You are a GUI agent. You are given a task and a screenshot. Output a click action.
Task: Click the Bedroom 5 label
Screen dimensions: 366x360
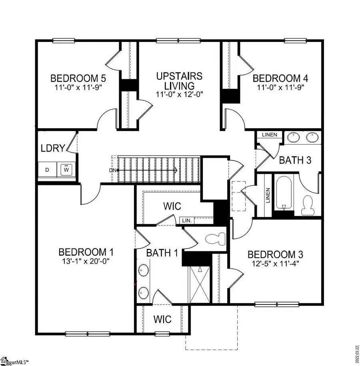(x=78, y=78)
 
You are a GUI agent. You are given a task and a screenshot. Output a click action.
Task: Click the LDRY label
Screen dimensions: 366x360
(x=52, y=148)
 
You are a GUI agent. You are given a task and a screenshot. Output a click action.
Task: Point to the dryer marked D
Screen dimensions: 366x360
(x=47, y=170)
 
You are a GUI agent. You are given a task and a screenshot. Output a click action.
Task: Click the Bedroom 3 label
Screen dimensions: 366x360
(x=275, y=255)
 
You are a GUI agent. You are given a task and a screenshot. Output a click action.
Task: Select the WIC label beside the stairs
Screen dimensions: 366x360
(x=172, y=207)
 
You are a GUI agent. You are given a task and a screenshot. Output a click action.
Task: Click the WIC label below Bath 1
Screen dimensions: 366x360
(x=162, y=320)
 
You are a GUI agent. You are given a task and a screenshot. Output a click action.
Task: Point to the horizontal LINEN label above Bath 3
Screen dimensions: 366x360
(x=269, y=135)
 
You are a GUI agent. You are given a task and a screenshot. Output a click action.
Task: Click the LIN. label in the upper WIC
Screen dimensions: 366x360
(x=187, y=221)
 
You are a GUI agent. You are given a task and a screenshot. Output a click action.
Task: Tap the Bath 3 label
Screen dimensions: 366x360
(x=295, y=160)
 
